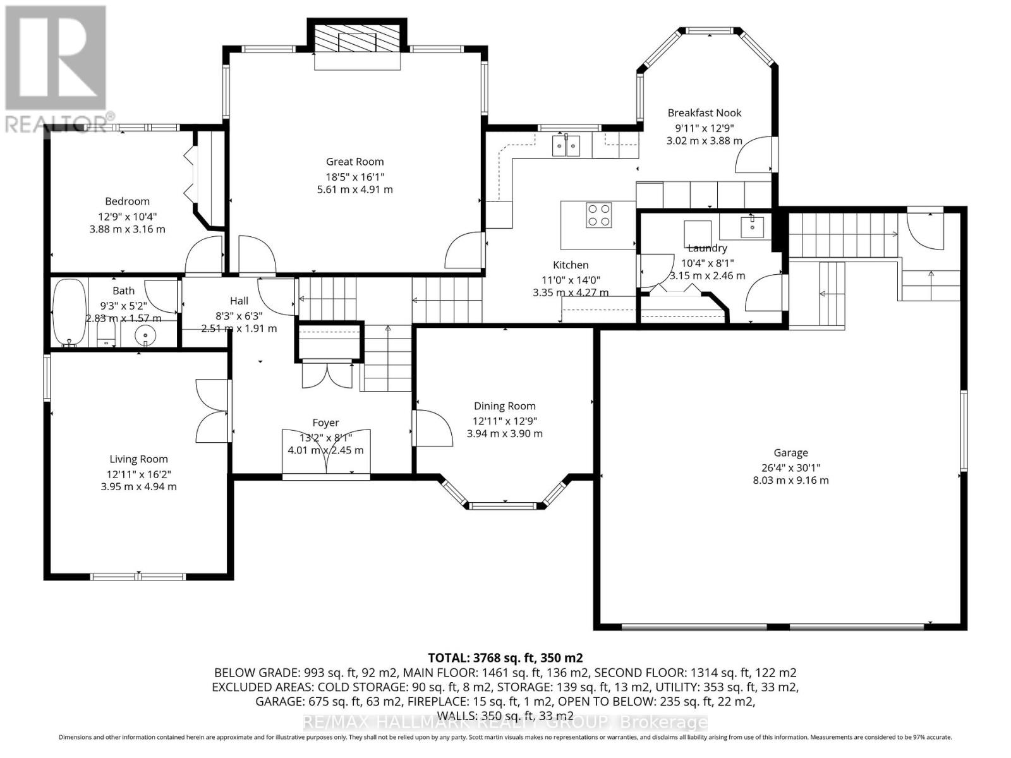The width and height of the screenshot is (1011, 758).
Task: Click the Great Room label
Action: click(x=354, y=162)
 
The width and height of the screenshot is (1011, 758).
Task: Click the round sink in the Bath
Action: click(x=146, y=335)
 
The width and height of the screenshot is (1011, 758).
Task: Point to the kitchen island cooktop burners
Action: click(x=598, y=214)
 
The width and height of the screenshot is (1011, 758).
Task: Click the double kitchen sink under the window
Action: click(x=566, y=146)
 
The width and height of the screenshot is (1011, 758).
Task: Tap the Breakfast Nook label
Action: click(x=704, y=113)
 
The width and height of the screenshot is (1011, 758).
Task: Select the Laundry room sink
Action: click(x=751, y=226)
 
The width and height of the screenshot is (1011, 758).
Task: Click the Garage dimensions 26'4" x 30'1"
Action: click(x=790, y=468)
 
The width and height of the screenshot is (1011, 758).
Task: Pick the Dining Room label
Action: click(x=504, y=406)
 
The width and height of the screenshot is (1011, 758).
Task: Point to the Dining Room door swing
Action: click(x=433, y=428)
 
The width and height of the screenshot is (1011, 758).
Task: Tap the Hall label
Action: click(x=239, y=301)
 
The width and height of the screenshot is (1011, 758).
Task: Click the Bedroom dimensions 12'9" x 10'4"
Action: click(x=127, y=215)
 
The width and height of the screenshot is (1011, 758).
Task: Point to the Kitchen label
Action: click(x=571, y=265)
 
